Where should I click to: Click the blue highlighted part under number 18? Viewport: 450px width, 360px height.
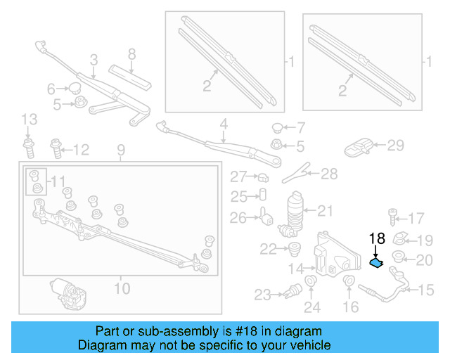tap(377, 263)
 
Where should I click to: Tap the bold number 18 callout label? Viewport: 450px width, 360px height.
tap(377, 240)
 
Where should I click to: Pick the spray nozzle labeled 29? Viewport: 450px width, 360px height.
tap(359, 146)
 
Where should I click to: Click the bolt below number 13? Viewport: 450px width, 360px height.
tap(29, 149)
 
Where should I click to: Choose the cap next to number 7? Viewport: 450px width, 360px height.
tap(278, 128)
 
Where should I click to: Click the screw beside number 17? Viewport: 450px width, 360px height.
tap(394, 217)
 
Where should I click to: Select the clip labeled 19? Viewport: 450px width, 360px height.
tap(401, 239)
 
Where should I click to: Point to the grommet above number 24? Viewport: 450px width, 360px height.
tap(311, 285)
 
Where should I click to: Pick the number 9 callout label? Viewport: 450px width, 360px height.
tap(120, 150)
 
